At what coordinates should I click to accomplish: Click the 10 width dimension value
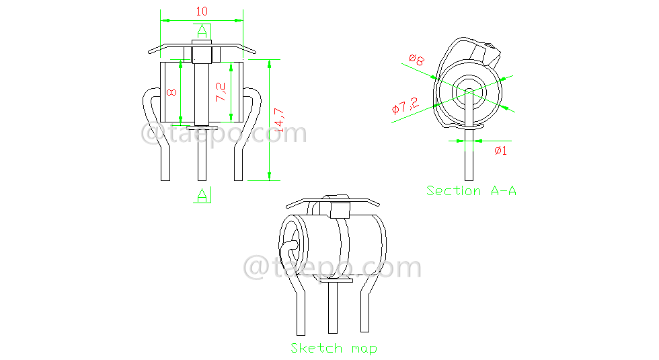(x=201, y=11)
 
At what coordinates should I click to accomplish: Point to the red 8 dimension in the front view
(x=173, y=92)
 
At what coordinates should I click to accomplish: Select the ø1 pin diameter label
(x=500, y=151)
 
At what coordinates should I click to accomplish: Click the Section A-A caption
(x=471, y=190)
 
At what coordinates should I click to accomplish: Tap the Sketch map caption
(x=334, y=348)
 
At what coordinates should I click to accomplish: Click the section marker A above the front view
(x=202, y=31)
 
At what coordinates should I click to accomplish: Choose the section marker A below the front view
(x=202, y=195)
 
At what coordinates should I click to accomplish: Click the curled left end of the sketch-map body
(x=293, y=242)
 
